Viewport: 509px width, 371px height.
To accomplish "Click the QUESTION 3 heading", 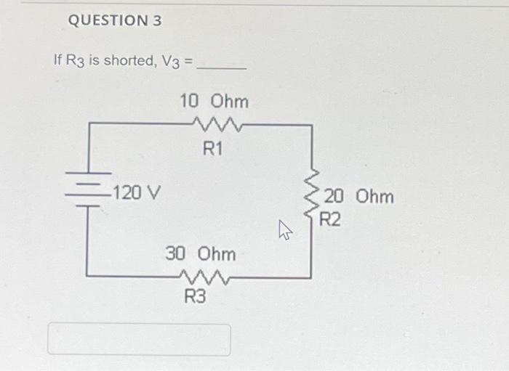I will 114,21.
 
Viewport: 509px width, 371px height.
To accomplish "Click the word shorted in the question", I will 128,60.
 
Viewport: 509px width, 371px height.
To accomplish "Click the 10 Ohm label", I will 214,101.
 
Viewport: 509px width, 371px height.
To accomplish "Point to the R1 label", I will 213,150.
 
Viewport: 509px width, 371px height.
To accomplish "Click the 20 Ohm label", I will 359,197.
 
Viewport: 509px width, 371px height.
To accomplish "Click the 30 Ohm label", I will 201,254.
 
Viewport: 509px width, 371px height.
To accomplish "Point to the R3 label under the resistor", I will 195,296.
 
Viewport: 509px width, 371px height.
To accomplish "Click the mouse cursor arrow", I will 284,232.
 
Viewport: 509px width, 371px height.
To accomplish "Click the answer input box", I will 139,339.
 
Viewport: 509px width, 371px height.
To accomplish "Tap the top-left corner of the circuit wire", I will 88,125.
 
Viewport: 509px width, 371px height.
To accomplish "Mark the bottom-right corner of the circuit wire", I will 312,277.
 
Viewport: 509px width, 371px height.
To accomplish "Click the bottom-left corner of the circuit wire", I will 88,275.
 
